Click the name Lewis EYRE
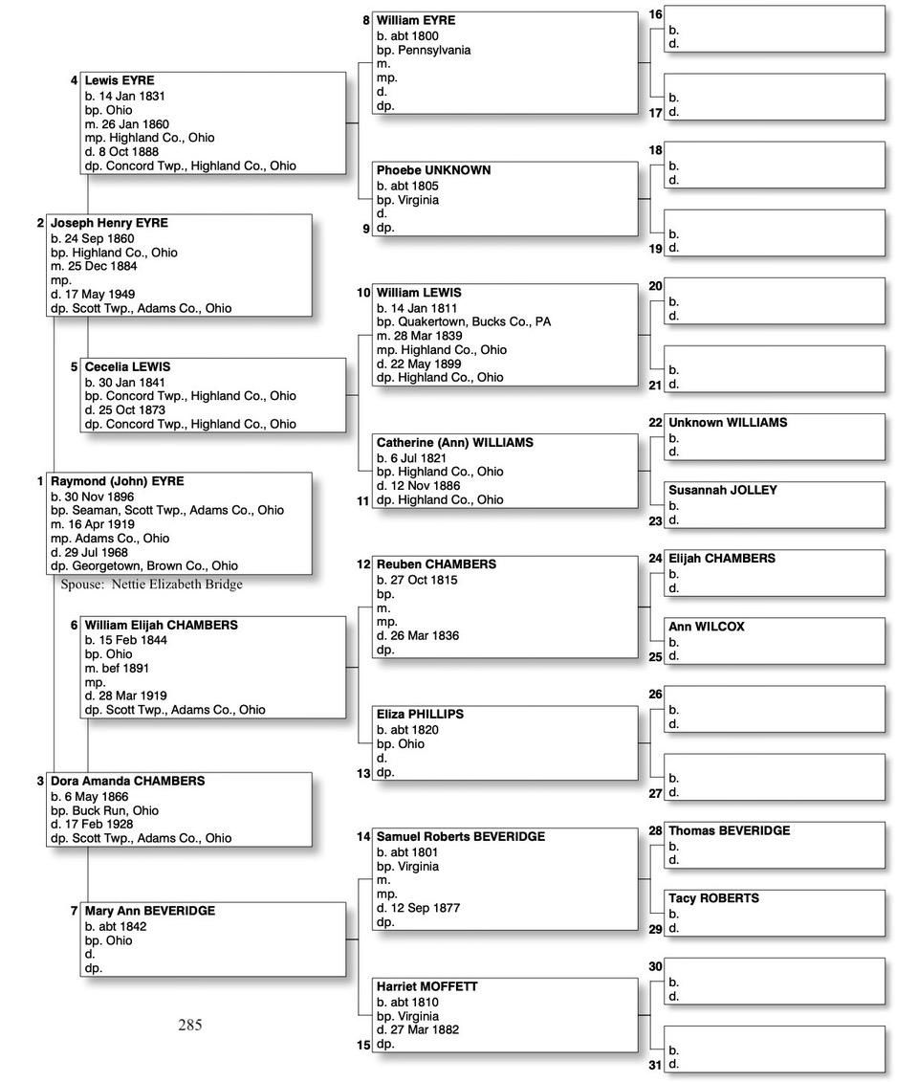click(119, 81)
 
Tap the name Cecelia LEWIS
click(127, 367)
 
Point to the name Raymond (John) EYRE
click(117, 482)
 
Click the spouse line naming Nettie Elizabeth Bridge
click(151, 585)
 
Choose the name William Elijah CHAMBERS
click(161, 626)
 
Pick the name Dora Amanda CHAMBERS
click(127, 782)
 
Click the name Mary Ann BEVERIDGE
click(149, 912)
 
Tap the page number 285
click(190, 1025)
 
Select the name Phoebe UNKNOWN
click(433, 170)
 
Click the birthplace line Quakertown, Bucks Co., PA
click(463, 322)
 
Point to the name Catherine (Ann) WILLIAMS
click(454, 443)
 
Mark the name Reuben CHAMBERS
click(436, 564)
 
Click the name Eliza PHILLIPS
click(420, 715)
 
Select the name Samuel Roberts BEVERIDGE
click(460, 837)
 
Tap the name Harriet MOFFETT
click(426, 987)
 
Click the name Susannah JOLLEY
click(722, 491)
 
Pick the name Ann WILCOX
click(706, 628)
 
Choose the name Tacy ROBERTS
click(713, 899)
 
